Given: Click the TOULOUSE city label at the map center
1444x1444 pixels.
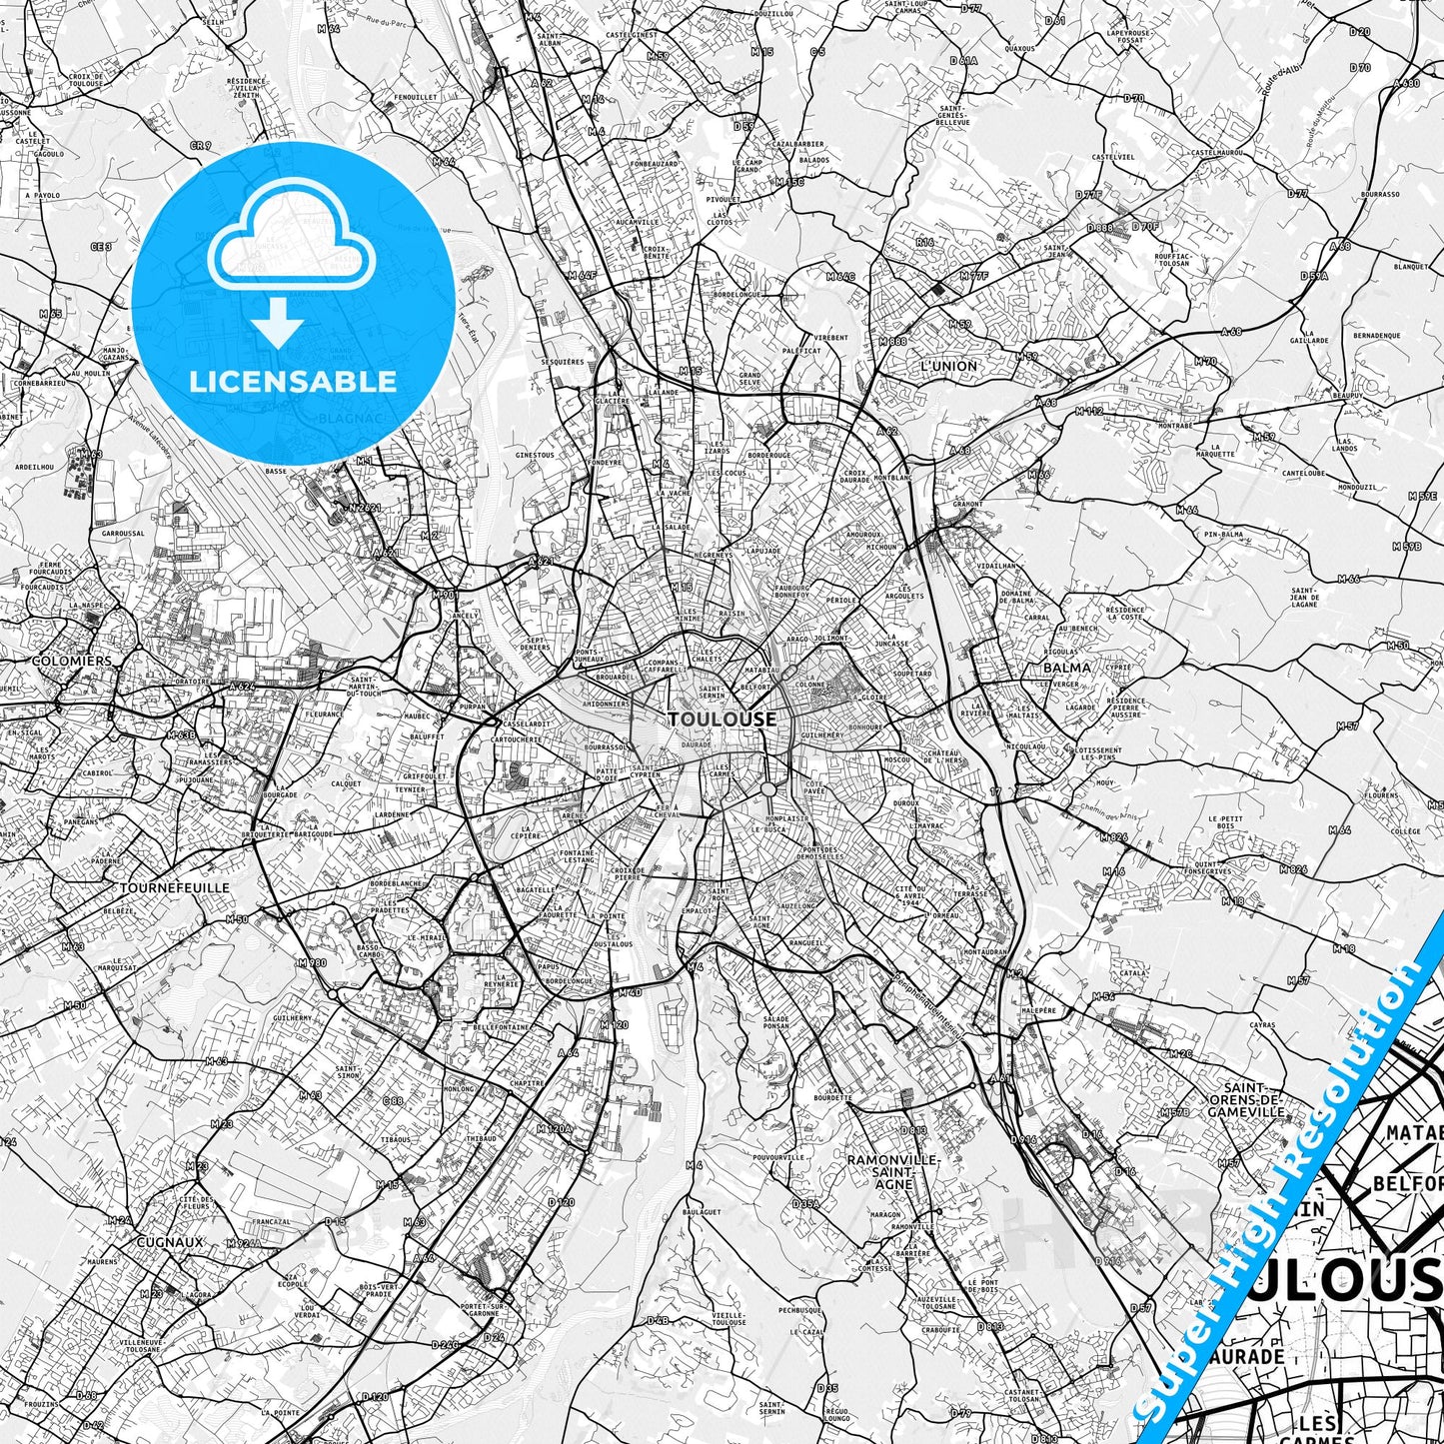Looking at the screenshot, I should pos(722,720).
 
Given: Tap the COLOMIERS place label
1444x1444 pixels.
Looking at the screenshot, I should pos(72,661).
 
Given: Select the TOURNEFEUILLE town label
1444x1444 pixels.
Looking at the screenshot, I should pos(174,887).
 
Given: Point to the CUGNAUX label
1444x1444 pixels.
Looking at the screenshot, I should pos(170,1242).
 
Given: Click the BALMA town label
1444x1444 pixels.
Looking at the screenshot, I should pos(1066,667).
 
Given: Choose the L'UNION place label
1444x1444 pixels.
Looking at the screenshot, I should pos(948,366).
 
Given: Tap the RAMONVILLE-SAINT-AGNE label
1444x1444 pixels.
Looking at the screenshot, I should pos(892,1171).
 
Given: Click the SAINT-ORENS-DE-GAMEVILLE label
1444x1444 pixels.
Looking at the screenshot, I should pos(1245,1099).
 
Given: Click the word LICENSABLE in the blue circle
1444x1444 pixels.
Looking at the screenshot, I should pos(293,381).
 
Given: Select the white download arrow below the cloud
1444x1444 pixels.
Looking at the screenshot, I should pos(277,325).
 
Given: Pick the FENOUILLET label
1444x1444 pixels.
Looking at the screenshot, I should pos(416,97).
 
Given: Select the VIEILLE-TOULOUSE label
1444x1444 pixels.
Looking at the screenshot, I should pos(728,1318).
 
